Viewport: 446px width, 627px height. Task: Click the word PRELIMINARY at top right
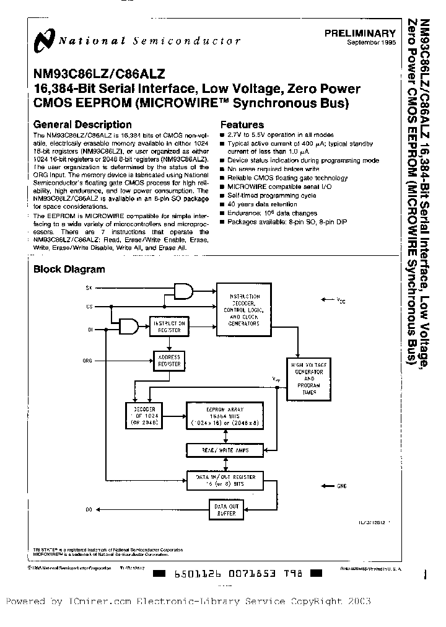pos(360,33)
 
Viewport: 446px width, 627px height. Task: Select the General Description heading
pos(82,125)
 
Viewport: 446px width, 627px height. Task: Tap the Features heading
pos(242,125)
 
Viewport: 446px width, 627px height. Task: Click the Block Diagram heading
pos(69,270)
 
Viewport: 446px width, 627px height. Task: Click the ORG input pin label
pos(87,360)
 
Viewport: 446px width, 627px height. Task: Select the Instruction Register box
pos(169,327)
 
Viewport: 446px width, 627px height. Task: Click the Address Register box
pos(169,361)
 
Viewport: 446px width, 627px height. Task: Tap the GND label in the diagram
pos(342,486)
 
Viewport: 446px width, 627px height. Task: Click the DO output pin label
pos(87,509)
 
